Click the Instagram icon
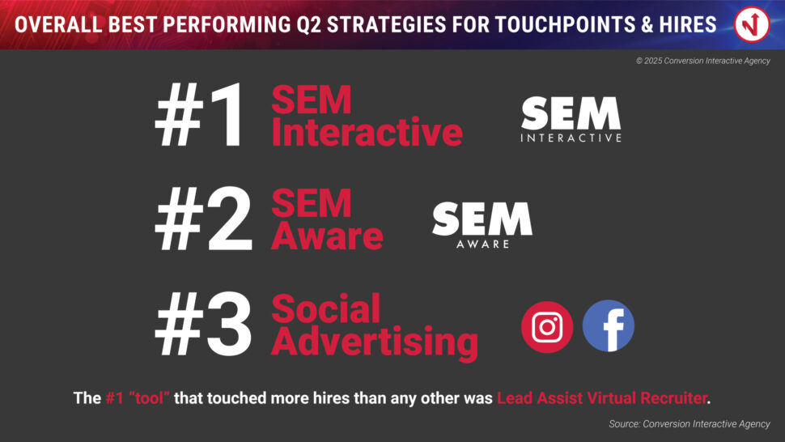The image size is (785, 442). tap(547, 327)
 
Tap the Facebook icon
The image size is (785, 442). tap(609, 326)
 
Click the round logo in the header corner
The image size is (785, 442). tap(752, 24)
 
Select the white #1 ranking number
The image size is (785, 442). tap(200, 115)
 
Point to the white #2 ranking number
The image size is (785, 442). tap(204, 219)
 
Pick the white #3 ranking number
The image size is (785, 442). tap(204, 323)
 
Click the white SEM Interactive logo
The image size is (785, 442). tap(571, 119)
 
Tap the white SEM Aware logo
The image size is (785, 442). tap(482, 225)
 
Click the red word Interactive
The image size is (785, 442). tap(367, 132)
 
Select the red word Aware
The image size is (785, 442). tap(328, 236)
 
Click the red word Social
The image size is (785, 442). tap(326, 309)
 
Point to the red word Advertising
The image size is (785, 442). tap(375, 343)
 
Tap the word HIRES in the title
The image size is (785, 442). tap(687, 24)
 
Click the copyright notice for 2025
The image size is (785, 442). tap(703, 61)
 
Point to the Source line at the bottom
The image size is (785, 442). tap(690, 423)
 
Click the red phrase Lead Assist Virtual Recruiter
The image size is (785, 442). tap(602, 398)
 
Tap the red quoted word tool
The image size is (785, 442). tap(149, 398)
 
